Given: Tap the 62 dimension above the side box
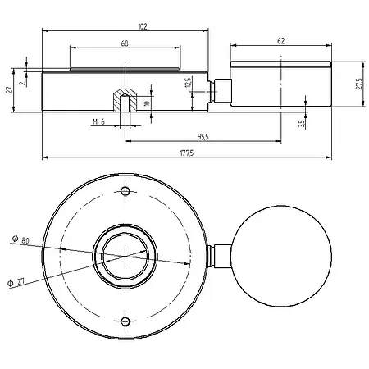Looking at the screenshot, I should pyautogui.click(x=281, y=40).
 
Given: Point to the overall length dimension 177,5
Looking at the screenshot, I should pyautogui.click(x=190, y=153).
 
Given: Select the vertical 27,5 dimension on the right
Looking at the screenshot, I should pyautogui.click(x=358, y=84).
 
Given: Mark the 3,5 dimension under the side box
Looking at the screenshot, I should pyautogui.click(x=302, y=123).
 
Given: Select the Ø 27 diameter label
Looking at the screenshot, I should pyautogui.click(x=16, y=280).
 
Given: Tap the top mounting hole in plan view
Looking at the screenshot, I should pyautogui.click(x=125, y=193).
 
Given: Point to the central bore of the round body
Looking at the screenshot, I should pyautogui.click(x=125, y=257).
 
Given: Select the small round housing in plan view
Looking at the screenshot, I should pyautogui.click(x=282, y=256).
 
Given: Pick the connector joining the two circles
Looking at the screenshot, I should pyautogui.click(x=217, y=256).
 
